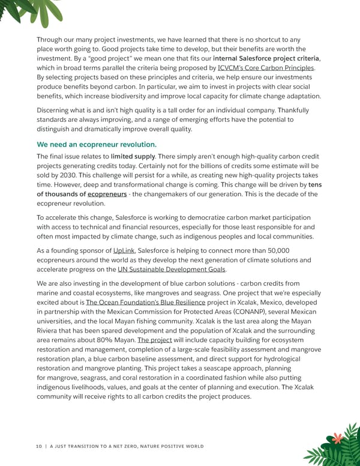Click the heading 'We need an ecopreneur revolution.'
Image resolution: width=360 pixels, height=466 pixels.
[x=97, y=145]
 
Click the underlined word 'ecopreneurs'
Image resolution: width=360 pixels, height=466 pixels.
[x=107, y=194]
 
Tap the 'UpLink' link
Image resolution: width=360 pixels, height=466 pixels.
[x=125, y=249]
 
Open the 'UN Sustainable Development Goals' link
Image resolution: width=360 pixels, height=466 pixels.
[x=172, y=269]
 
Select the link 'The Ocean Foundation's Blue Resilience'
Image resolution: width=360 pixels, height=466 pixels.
[x=146, y=302]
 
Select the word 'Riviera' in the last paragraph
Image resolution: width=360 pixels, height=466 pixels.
[x=50, y=330]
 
